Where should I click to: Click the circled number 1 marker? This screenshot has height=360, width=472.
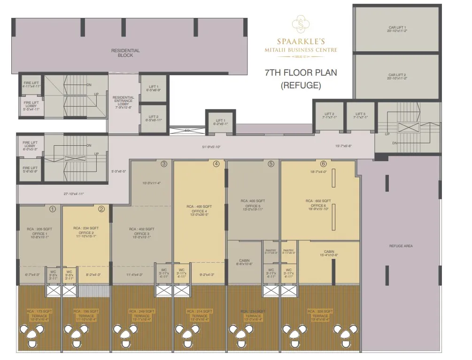(53, 209)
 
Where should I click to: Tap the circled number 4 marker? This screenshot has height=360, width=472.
(216, 164)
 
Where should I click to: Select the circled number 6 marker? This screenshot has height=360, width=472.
(323, 164)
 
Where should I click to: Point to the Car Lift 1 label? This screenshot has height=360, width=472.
(397, 29)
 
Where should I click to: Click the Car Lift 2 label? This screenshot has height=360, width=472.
(397, 77)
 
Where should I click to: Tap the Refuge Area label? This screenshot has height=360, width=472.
(401, 246)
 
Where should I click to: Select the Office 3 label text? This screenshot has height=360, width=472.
(141, 234)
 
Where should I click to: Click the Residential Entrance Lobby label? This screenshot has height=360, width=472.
(124, 102)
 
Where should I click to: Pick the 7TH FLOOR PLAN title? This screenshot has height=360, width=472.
(301, 73)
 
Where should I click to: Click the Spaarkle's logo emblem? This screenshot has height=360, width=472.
(300, 23)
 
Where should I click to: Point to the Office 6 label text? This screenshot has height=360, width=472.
(318, 205)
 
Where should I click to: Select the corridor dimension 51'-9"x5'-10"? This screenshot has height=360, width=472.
(211, 147)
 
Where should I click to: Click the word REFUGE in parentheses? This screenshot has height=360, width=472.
(301, 86)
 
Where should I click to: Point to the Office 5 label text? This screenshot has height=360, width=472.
(253, 205)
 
